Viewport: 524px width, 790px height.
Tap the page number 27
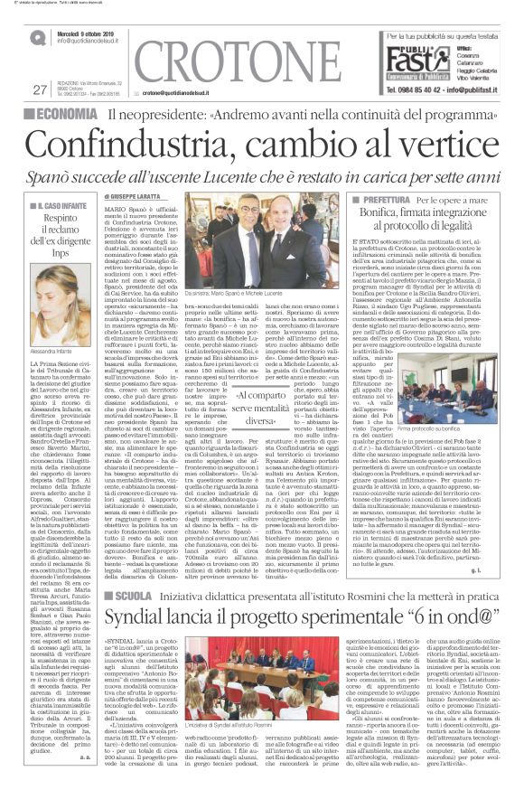39,89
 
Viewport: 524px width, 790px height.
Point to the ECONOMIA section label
68,115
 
